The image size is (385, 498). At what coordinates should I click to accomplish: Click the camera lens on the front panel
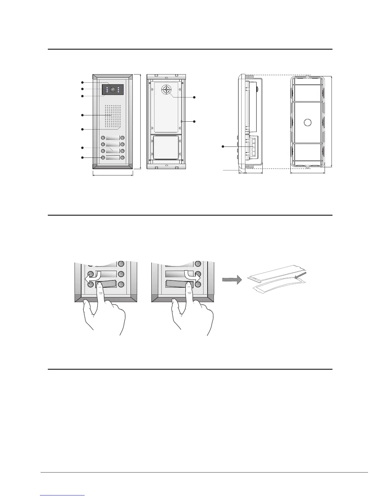click(x=112, y=90)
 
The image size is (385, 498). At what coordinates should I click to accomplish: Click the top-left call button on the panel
click(x=103, y=138)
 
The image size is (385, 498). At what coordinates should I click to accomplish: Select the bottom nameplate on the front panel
click(x=113, y=158)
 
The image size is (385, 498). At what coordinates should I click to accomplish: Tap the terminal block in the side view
click(x=254, y=147)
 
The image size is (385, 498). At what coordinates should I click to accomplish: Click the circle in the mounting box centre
click(x=307, y=122)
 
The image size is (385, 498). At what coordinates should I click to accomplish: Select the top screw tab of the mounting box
click(x=307, y=76)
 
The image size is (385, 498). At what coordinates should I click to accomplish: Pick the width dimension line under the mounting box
click(x=307, y=173)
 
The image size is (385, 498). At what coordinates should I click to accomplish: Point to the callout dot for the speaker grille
click(x=82, y=115)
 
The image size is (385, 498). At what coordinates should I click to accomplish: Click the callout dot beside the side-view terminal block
click(x=223, y=147)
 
